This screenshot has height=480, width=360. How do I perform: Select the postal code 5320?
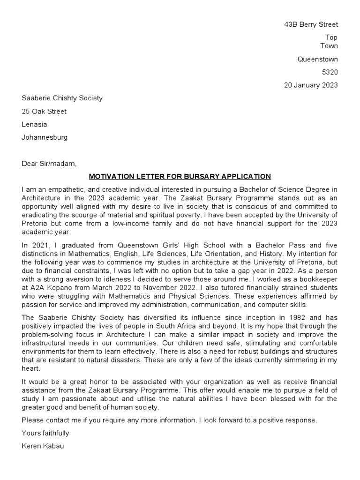coord(330,72)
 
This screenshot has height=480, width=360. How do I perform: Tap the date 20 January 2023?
coord(311,85)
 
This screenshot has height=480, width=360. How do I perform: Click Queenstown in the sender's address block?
coord(318,59)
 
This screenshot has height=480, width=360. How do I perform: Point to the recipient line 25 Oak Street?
coord(44,112)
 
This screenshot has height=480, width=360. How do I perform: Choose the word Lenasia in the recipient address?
coord(34,124)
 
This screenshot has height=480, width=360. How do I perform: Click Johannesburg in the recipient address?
coord(45,137)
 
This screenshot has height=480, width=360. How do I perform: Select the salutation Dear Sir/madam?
coord(48,164)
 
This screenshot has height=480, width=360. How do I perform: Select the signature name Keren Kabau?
coord(43,446)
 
